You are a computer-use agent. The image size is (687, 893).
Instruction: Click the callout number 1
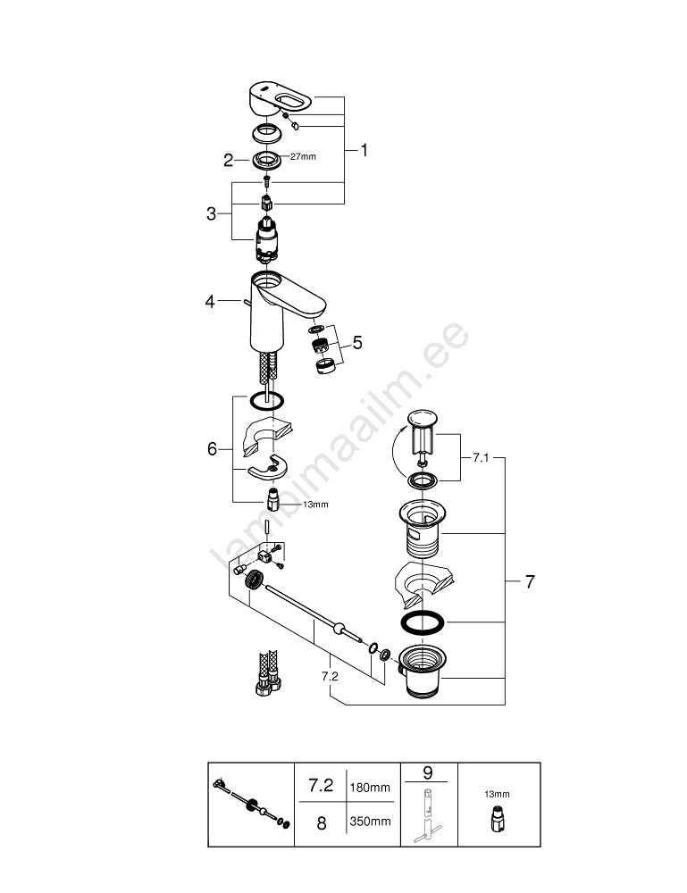click(364, 151)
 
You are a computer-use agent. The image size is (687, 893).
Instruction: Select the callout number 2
click(228, 160)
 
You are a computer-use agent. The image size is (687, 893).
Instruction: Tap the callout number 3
click(211, 213)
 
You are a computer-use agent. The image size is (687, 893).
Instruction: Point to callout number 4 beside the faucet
click(210, 303)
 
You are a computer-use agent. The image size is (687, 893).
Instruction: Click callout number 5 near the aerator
click(357, 342)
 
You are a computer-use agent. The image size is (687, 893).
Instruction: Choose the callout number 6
click(213, 448)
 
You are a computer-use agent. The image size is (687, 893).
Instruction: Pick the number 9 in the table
click(427, 771)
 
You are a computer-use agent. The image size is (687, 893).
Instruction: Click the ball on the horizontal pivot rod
click(339, 628)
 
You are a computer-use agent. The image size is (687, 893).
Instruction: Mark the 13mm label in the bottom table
click(498, 794)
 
